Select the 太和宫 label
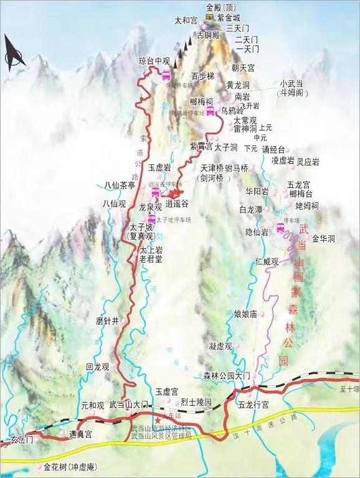(x=186, y=21)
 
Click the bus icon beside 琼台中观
(x=167, y=75)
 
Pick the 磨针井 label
(x=107, y=321)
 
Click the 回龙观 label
(x=98, y=367)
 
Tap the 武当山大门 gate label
(x=130, y=405)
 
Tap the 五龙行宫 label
(x=253, y=405)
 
